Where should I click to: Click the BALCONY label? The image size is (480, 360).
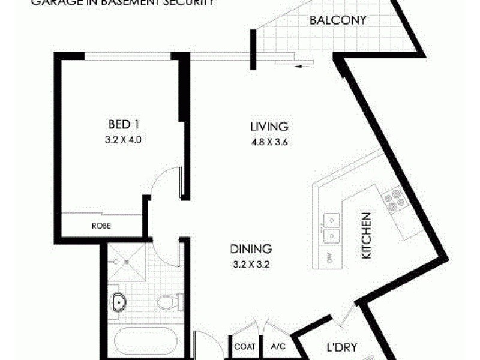click(338, 20)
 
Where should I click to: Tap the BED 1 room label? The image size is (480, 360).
click(124, 125)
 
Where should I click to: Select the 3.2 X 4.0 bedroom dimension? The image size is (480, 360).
click(124, 139)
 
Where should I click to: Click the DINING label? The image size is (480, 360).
click(251, 248)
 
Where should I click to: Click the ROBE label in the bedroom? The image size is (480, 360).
click(100, 226)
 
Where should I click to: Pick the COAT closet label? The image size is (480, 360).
click(245, 346)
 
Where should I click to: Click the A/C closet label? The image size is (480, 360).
click(277, 346)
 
